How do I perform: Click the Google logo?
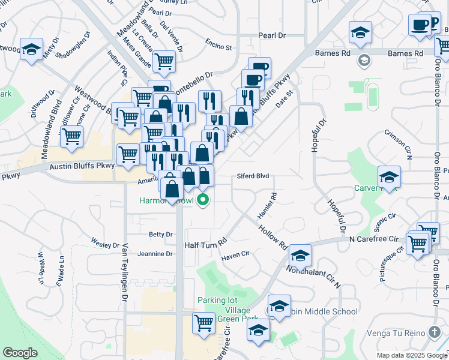pyautogui.click(x=20, y=353)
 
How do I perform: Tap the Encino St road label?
pyautogui.click(x=218, y=47)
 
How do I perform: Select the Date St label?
pyautogui.click(x=283, y=100)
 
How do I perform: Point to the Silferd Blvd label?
pyautogui.click(x=253, y=176)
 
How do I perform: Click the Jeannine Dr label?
pyautogui.click(x=155, y=254)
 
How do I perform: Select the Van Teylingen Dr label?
pyautogui.click(x=125, y=275)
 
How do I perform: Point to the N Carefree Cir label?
pyautogui.click(x=375, y=239)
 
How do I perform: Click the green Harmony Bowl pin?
pyautogui.click(x=203, y=200)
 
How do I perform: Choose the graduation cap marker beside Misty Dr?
pyautogui.click(x=31, y=49)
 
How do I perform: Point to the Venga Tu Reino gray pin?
pyautogui.click(x=436, y=332)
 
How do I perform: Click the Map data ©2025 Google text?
pyautogui.click(x=412, y=355)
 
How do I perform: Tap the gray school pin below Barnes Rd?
pyautogui.click(x=363, y=60)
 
